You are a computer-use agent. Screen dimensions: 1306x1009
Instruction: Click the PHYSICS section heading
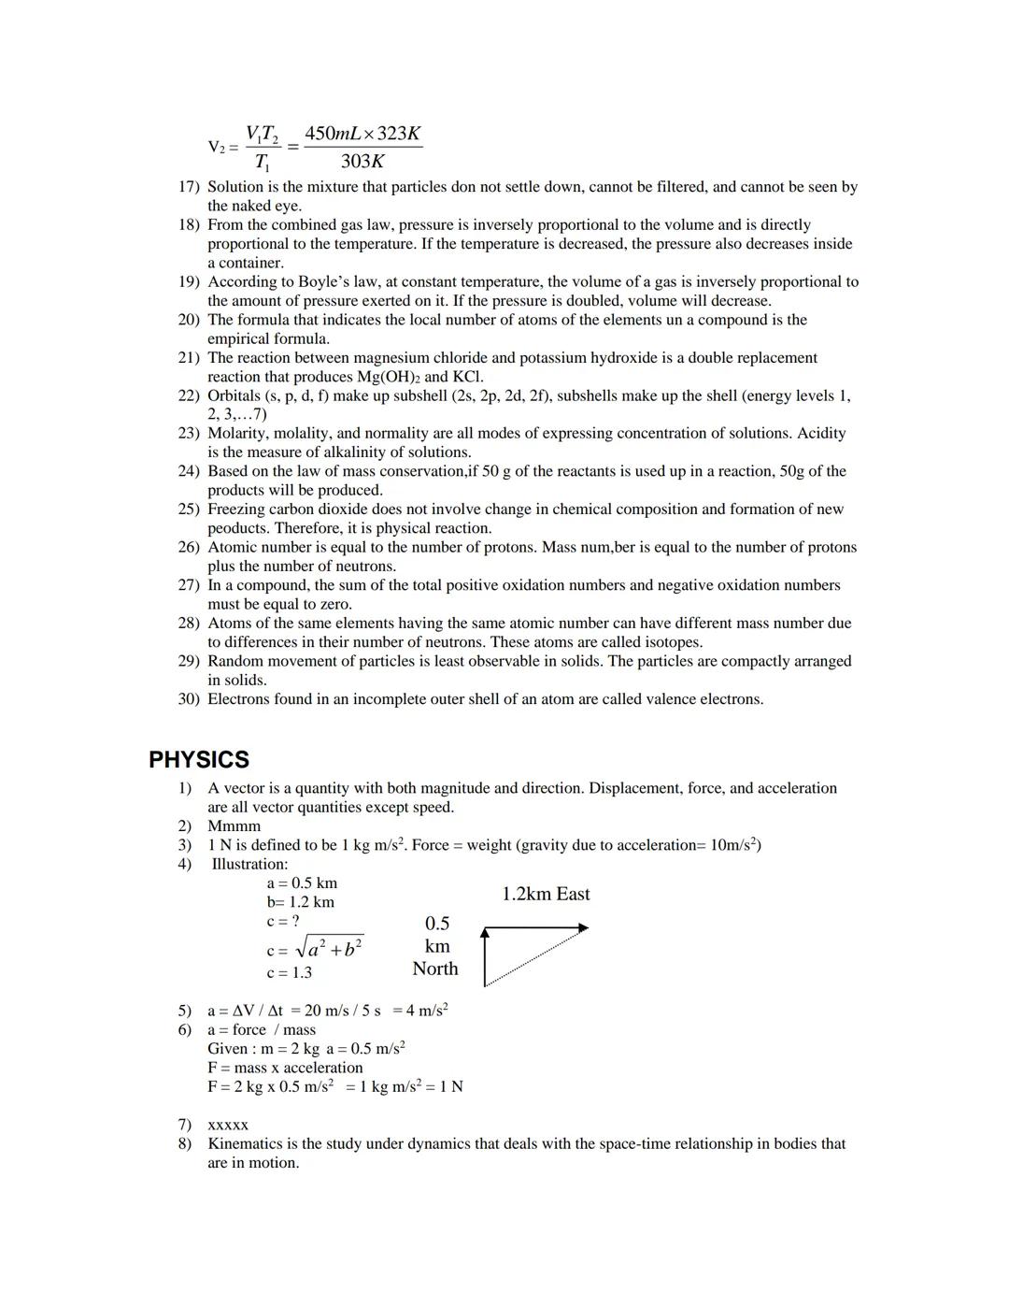pos(199,760)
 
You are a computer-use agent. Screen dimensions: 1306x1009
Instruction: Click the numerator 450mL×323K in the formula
pos(362,133)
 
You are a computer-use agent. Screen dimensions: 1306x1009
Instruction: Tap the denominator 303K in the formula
pos(362,161)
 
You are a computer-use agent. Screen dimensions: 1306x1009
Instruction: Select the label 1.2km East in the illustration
pos(546,894)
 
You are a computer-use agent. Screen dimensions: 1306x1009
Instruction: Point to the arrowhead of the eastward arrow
pos(583,927)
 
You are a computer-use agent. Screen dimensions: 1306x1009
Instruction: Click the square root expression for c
pos(328,948)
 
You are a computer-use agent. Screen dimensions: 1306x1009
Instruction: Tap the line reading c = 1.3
pos(289,972)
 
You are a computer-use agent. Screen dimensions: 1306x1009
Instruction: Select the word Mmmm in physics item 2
pos(234,825)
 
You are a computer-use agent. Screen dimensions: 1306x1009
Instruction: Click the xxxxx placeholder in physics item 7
pos(228,1125)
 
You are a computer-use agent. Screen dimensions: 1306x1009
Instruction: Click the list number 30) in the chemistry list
pos(189,699)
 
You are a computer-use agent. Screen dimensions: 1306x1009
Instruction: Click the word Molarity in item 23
pos(237,433)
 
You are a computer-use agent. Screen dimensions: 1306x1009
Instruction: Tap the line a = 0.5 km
pos(302,883)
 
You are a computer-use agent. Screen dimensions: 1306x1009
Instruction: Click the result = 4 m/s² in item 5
pos(420,1011)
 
